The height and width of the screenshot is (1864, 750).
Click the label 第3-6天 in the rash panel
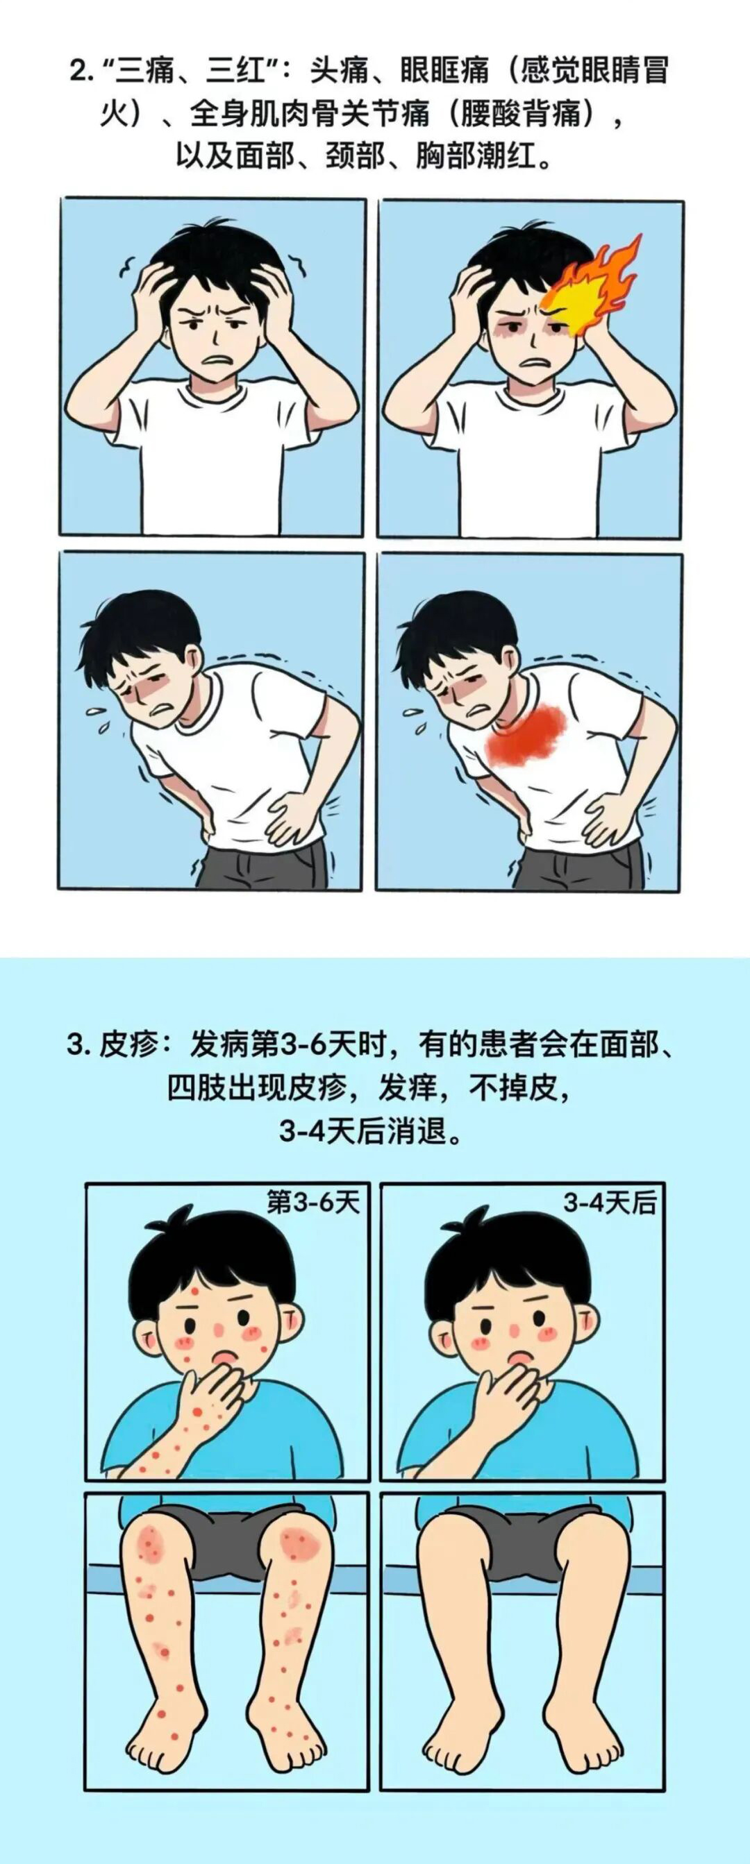coord(312,1203)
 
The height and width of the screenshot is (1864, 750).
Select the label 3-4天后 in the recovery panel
coord(610,1203)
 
